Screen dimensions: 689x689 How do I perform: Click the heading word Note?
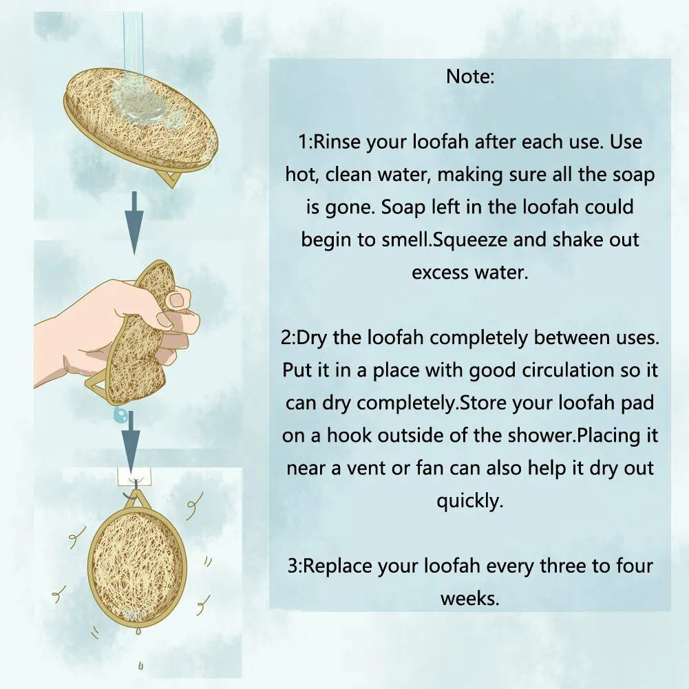coord(470,76)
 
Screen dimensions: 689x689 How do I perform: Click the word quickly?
coord(469,501)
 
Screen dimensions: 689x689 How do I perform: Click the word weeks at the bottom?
coord(469,598)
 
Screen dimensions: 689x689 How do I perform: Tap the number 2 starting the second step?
coord(286,338)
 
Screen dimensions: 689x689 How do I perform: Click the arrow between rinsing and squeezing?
coord(134,223)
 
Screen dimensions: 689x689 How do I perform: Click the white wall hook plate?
coord(134,477)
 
